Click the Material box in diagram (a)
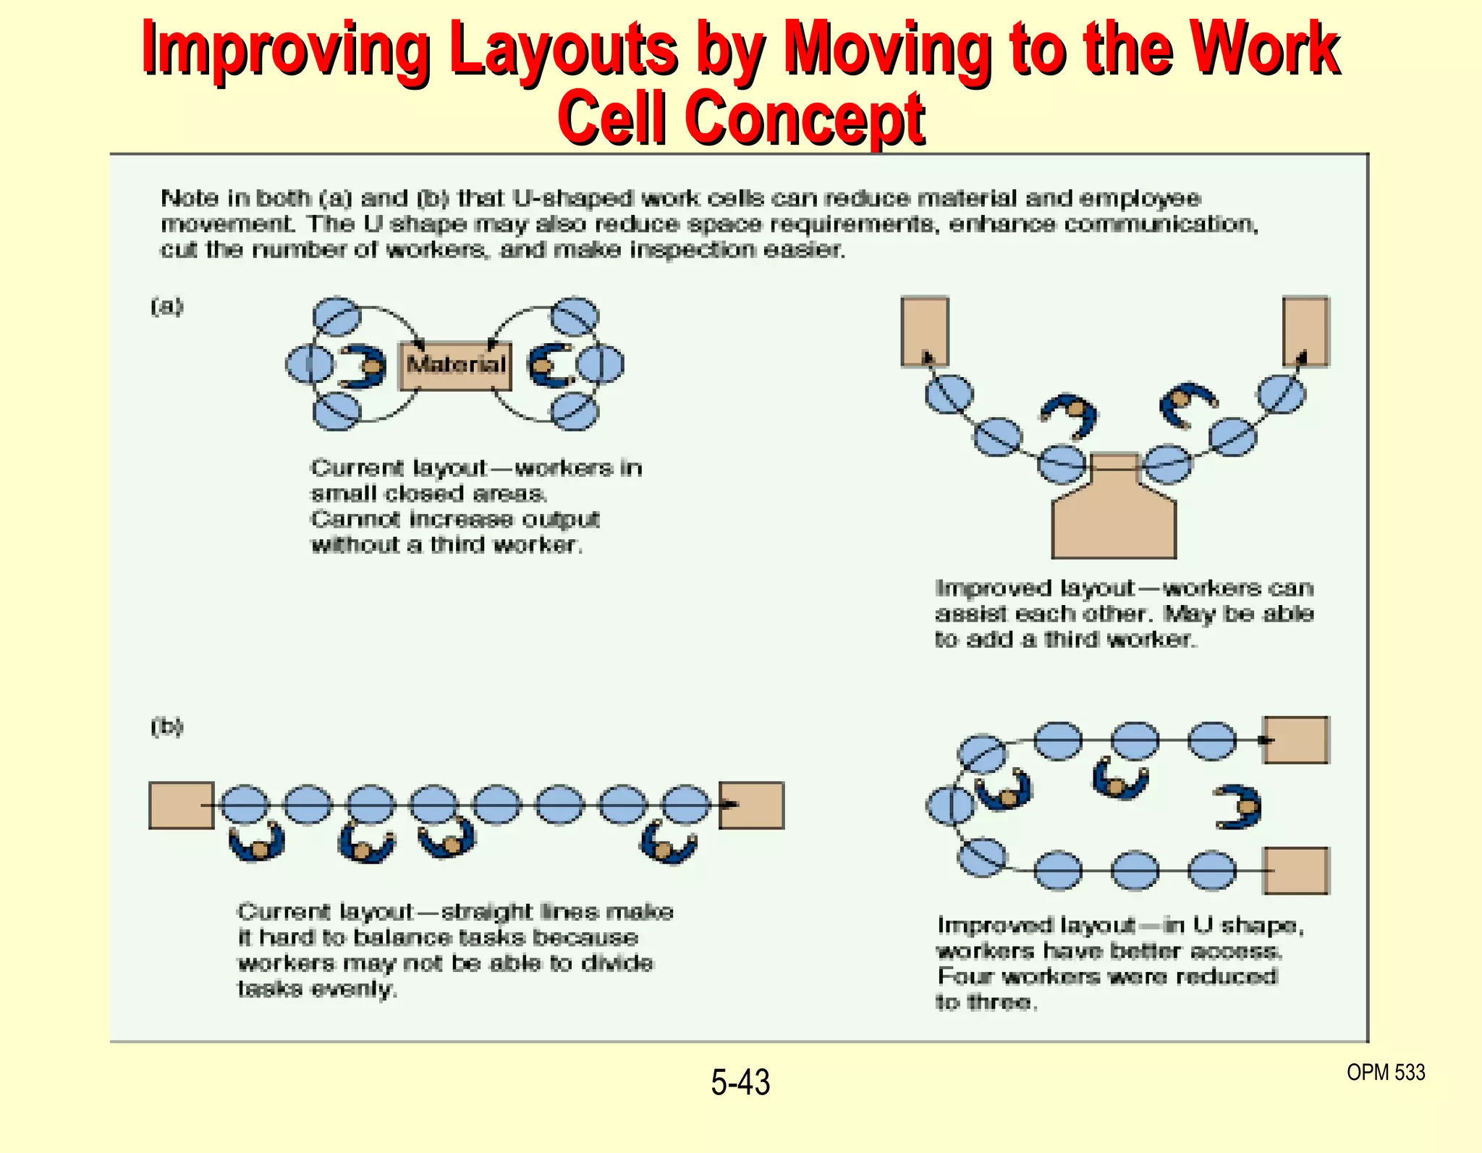pyautogui.click(x=455, y=366)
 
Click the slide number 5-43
pyautogui.click(x=740, y=1083)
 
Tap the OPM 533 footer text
pyautogui.click(x=1385, y=1072)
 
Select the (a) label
pyautogui.click(x=167, y=306)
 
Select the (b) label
pyautogui.click(x=167, y=726)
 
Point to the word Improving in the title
pyautogui.click(x=285, y=49)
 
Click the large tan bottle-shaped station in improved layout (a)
pyautogui.click(x=1114, y=518)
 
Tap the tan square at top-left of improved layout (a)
pyautogui.click(x=924, y=331)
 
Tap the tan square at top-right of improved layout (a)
pyautogui.click(x=1305, y=331)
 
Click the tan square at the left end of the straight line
pyautogui.click(x=181, y=805)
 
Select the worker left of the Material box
pyautogui.click(x=364, y=366)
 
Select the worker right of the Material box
pyautogui.click(x=550, y=366)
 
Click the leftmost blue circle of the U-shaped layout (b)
pyautogui.click(x=950, y=805)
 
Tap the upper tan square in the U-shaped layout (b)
pyautogui.click(x=1296, y=740)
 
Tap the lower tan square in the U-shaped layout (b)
pyautogui.click(x=1296, y=871)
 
